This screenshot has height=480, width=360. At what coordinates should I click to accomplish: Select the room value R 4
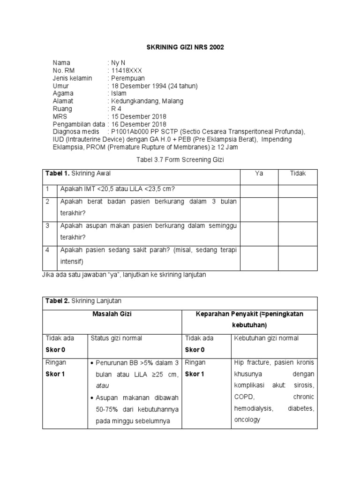tap(115, 109)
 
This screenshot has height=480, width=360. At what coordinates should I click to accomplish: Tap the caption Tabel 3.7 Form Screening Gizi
tap(180, 160)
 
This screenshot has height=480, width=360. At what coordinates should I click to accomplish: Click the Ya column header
tap(259, 173)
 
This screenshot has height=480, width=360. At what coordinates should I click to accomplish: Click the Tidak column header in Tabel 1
tap(298, 173)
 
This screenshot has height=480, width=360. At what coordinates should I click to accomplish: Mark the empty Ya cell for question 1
tap(259, 189)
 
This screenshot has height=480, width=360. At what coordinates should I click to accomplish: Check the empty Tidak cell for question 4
tap(298, 256)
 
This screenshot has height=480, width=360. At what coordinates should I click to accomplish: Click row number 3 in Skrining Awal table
tap(47, 226)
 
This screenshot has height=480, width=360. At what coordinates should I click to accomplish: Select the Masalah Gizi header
tap(112, 314)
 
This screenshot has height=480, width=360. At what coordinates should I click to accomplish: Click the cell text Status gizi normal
tap(116, 338)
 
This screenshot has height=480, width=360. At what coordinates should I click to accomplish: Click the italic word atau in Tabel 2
tap(102, 386)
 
